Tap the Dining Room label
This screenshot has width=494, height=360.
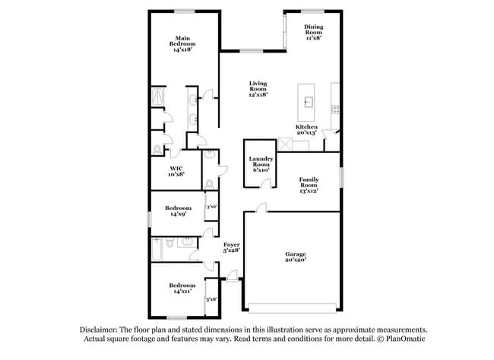[x=314, y=31]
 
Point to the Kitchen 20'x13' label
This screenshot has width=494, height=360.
[x=306, y=129]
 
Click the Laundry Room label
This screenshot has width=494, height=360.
[x=261, y=164]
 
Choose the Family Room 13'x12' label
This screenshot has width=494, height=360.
[x=307, y=186]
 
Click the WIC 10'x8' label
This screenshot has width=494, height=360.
[x=176, y=171]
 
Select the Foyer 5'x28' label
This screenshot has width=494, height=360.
[x=231, y=247]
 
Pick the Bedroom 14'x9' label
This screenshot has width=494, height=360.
[x=178, y=211]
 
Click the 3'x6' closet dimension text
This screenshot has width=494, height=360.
[x=211, y=206]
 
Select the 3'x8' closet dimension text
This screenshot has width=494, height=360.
[x=211, y=299]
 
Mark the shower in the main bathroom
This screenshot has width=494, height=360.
[x=158, y=98]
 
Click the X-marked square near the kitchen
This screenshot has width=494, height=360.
[x=286, y=143]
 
